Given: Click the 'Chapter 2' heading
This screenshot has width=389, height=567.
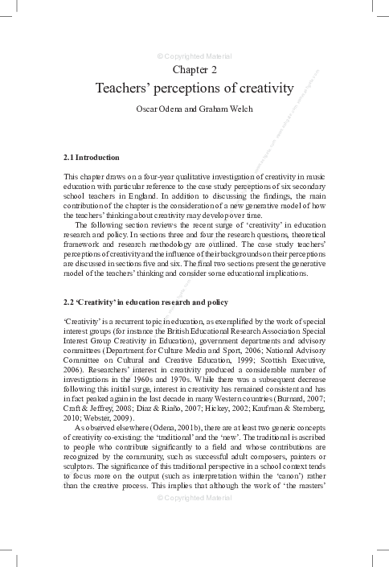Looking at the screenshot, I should [194, 72].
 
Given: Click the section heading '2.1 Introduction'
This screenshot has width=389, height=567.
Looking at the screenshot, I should [91, 157].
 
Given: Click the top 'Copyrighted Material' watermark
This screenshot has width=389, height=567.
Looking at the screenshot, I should [194, 56].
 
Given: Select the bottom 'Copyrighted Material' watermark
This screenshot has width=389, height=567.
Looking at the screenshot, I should [194, 520].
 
